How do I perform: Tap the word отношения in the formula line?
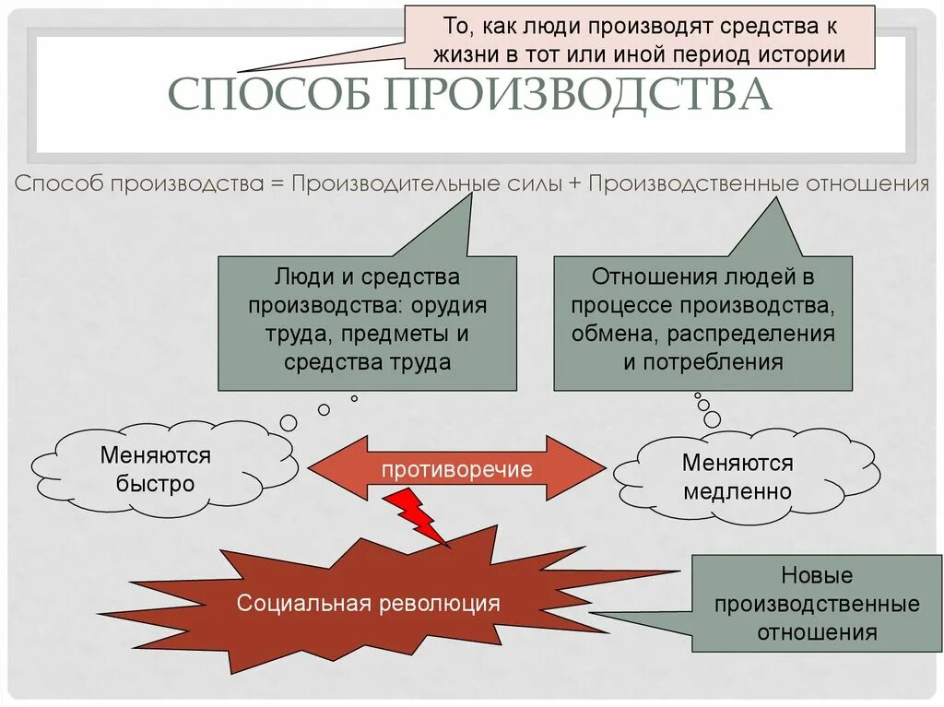click(x=867, y=183)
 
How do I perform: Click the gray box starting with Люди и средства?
click(x=367, y=323)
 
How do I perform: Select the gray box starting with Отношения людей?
click(x=702, y=323)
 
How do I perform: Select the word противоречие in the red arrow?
click(x=457, y=469)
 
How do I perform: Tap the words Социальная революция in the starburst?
click(x=369, y=604)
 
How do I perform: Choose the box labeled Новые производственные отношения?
click(x=815, y=604)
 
